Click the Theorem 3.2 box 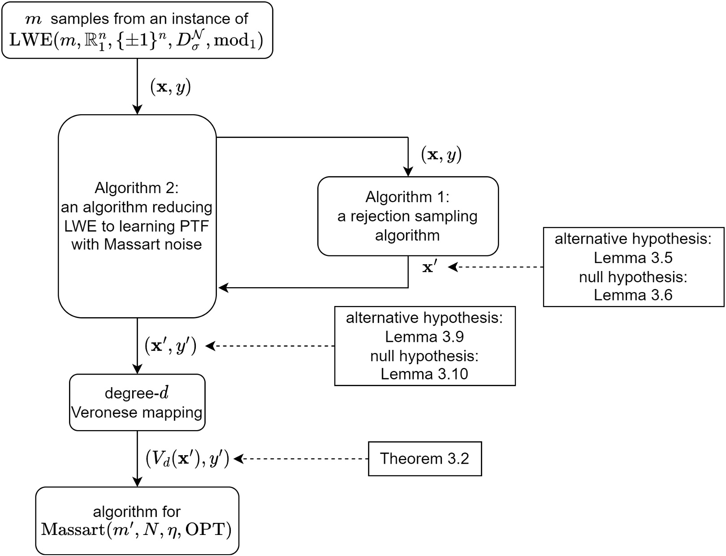tap(424, 459)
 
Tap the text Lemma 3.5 tap(633, 258)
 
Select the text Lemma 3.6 tap(633, 295)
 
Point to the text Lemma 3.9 tap(424, 337)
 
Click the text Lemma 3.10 tap(424, 374)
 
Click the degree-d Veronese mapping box tap(137, 402)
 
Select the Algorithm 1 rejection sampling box tap(408, 216)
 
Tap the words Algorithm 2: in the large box tap(137, 188)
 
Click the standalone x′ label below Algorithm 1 tap(429, 267)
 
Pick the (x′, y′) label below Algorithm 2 tap(170, 346)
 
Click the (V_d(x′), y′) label tap(187, 459)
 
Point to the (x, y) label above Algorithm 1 tap(441, 155)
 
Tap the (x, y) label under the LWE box tap(170, 87)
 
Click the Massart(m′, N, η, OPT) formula tap(137, 530)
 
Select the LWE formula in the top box tap(137, 40)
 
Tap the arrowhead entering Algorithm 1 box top tap(408, 172)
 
